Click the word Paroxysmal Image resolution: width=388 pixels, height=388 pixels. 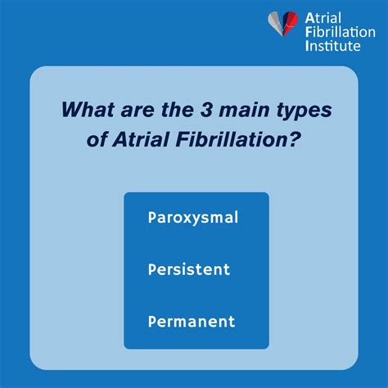click(193, 218)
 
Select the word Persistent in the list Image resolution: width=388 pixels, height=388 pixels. click(189, 269)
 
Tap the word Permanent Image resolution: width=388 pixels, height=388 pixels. click(192, 321)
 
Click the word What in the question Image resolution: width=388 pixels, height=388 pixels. click(86, 109)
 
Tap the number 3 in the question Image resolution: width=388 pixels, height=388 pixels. click(210, 109)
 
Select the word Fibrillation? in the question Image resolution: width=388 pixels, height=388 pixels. click(234, 138)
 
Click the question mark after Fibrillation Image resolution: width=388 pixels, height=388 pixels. click(294, 138)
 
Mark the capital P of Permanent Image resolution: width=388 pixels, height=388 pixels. click(153, 321)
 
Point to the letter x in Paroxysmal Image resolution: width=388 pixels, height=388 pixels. click(187, 219)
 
